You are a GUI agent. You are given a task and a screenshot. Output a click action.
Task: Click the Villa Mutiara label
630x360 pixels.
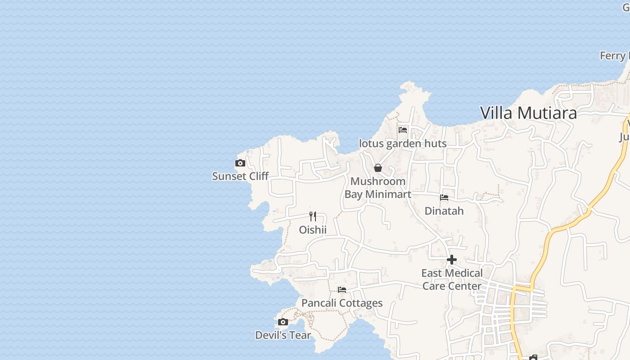pos(528,113)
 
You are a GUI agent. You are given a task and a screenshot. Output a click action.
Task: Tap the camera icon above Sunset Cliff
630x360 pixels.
pos(240,163)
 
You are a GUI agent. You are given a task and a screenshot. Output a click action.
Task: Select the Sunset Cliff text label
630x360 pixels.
pos(240,176)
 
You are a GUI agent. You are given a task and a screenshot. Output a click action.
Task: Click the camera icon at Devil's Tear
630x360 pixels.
pos(283,322)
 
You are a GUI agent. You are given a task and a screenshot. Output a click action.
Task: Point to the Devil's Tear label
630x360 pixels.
pos(283,335)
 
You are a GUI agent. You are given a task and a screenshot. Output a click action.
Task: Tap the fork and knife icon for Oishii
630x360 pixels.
pos(313,216)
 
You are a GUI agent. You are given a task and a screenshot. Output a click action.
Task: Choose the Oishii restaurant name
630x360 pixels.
pos(313,230)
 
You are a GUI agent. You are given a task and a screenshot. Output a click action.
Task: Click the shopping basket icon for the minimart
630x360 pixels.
pos(378,168)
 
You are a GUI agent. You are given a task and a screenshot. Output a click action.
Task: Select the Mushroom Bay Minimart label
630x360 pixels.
pos(378,188)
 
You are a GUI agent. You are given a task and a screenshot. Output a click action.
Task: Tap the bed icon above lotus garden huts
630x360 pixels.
pos(403,130)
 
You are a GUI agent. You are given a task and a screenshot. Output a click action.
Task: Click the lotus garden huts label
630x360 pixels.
pos(403,144)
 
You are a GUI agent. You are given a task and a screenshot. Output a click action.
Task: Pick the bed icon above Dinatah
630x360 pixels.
pos(444,198)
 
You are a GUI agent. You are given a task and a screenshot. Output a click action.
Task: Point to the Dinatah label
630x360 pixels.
pos(444,211)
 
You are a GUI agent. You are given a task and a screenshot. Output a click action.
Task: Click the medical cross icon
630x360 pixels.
pos(452,260)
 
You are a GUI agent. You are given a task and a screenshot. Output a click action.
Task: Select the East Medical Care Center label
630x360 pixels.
pos(452,279)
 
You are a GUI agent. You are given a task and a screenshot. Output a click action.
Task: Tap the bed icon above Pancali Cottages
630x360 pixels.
pos(342,290)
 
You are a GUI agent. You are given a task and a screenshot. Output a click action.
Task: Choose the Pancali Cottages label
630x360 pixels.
pos(342,303)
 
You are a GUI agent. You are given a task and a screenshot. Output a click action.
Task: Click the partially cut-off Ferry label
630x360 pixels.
pos(614,56)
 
